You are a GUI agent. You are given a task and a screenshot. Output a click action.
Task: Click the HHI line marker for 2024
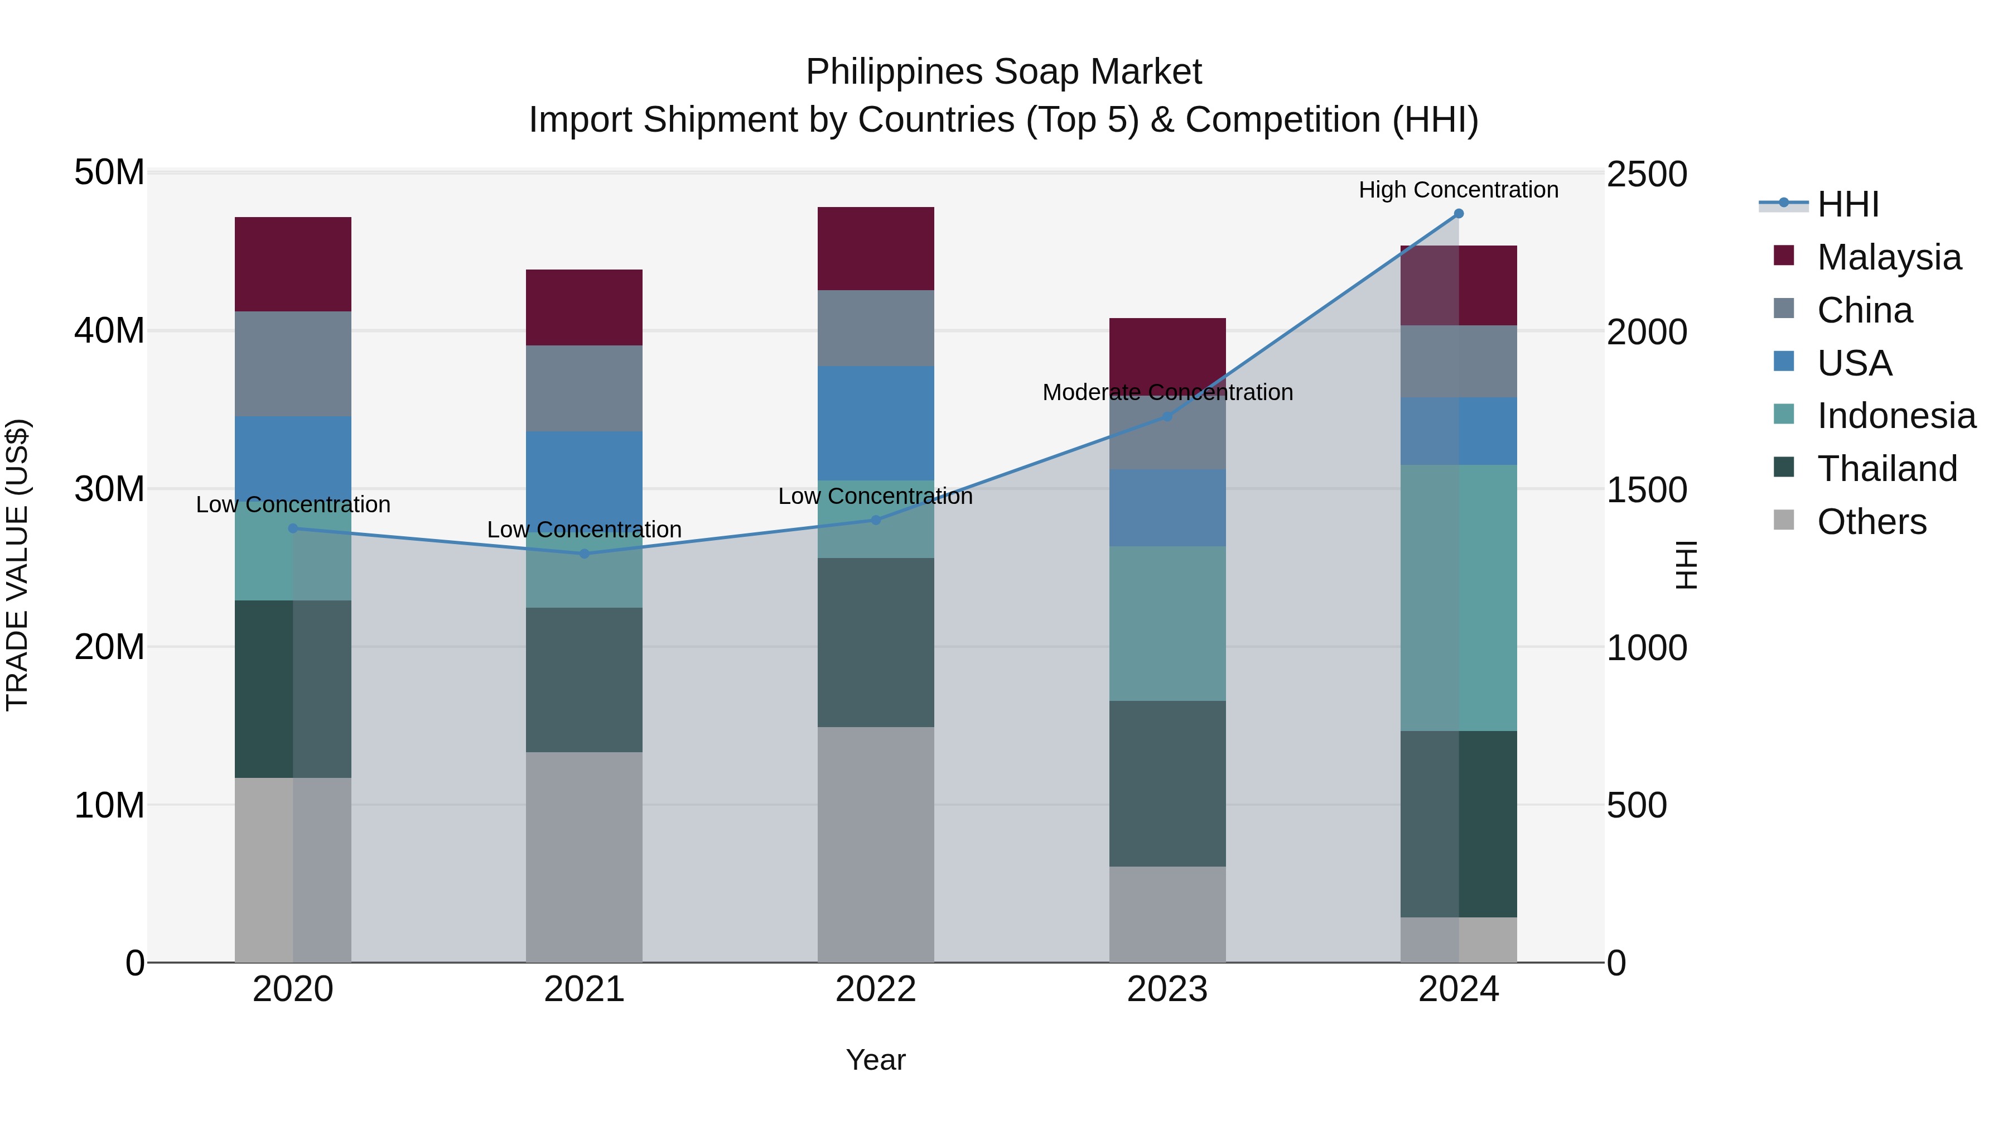(1459, 214)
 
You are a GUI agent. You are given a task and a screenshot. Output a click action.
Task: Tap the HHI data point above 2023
(1167, 416)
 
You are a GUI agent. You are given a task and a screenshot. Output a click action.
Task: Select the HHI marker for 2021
(585, 554)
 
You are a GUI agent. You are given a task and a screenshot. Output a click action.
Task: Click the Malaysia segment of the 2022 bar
(875, 249)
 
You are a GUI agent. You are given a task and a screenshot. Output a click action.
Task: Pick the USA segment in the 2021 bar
(584, 475)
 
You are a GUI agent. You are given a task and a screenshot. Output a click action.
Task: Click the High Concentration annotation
(1459, 190)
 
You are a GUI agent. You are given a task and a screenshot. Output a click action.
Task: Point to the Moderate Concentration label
(1167, 392)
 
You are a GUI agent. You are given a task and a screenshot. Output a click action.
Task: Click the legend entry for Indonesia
(1896, 416)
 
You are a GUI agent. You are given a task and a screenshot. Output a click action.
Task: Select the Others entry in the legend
(1871, 522)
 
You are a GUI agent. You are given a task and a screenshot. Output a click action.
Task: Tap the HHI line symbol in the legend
(1784, 204)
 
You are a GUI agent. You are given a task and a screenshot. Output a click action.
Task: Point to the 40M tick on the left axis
(109, 331)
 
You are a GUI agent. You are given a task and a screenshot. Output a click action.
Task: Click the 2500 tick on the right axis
(1647, 174)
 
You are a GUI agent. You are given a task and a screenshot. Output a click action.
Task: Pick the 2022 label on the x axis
(875, 989)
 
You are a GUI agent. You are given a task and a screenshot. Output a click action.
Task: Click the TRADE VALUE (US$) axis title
(17, 565)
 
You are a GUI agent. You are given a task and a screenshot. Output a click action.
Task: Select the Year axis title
(875, 1060)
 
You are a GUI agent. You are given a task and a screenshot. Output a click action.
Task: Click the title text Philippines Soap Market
(1003, 72)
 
